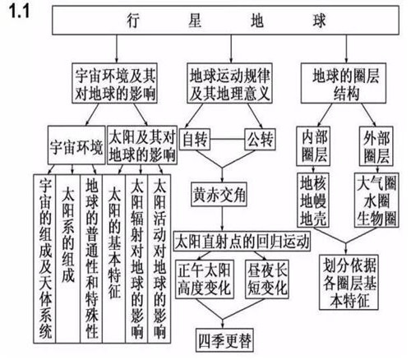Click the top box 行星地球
click(225, 21)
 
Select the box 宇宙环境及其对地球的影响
click(114, 83)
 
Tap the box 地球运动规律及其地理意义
click(229, 83)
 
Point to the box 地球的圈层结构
click(344, 83)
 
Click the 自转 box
click(195, 140)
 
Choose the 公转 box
click(260, 140)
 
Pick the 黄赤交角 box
click(219, 194)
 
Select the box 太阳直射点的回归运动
click(242, 242)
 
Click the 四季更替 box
click(224, 340)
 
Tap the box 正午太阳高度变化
click(205, 279)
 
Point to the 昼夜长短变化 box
click(267, 279)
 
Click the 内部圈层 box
click(313, 146)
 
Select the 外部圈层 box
click(376, 146)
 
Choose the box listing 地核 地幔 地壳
click(313, 200)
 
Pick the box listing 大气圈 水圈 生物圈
click(376, 200)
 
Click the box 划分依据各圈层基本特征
click(349, 282)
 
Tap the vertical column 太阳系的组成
click(67, 259)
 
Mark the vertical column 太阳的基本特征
click(114, 259)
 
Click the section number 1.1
click(19, 12)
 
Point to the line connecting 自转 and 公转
click(228, 140)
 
